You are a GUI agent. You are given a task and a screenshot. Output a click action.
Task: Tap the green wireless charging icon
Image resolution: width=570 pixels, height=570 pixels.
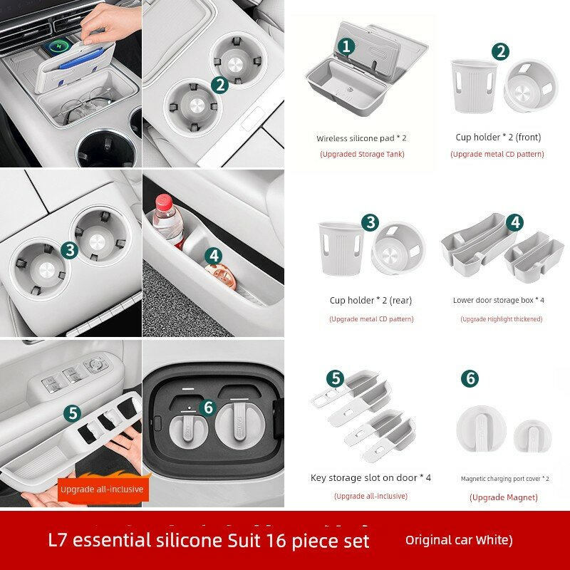click(x=57, y=46)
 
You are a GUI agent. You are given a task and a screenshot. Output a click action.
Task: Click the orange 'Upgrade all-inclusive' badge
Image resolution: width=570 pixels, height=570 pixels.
click(x=102, y=489)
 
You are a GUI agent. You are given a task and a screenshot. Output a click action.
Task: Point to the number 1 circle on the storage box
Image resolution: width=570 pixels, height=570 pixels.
click(x=346, y=46)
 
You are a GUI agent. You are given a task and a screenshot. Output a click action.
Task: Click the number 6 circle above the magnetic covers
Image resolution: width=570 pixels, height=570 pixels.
click(x=470, y=378)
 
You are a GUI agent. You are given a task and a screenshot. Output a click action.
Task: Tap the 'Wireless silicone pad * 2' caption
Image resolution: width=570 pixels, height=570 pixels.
click(x=361, y=138)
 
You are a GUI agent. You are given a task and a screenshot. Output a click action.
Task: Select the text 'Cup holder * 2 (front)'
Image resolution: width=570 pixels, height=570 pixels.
click(x=498, y=138)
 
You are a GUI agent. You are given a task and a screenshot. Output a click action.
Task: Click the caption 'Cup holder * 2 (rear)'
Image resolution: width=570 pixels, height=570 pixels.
click(x=370, y=301)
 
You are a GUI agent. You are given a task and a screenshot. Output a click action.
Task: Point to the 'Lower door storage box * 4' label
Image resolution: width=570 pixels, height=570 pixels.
click(x=499, y=300)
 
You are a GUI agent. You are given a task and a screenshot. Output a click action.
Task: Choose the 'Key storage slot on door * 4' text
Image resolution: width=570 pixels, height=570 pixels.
click(x=370, y=477)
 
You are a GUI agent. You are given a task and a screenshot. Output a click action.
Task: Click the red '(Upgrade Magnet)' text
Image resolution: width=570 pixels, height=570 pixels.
click(x=504, y=497)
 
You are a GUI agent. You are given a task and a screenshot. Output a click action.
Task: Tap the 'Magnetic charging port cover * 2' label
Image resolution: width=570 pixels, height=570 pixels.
click(x=505, y=479)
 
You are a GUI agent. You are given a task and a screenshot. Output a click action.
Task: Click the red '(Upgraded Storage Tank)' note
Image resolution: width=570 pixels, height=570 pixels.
click(x=362, y=154)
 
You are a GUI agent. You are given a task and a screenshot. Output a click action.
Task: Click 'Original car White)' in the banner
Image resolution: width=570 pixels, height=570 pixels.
click(x=459, y=540)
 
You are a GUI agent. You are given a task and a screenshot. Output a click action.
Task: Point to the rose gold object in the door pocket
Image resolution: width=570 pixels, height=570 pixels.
click(x=220, y=276)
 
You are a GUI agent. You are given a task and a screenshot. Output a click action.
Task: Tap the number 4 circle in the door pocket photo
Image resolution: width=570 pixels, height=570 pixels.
click(x=213, y=256)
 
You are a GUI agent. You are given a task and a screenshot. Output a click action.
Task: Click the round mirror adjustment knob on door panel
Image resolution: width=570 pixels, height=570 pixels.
click(x=96, y=363)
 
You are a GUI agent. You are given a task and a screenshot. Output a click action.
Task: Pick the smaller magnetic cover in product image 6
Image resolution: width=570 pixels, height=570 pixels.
click(x=532, y=436)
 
